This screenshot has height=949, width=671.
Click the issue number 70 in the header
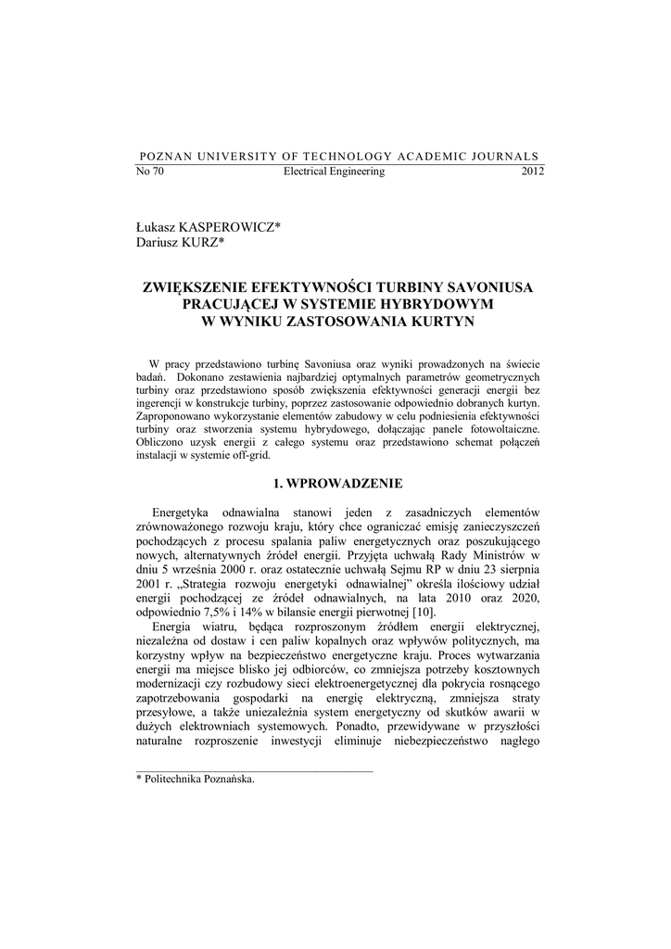tap(158, 172)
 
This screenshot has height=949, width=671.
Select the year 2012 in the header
tap(533, 172)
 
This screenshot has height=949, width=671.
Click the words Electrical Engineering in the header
tap(334, 172)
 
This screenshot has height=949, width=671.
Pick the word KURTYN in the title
tap(440, 321)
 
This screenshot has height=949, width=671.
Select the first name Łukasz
tap(157, 227)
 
